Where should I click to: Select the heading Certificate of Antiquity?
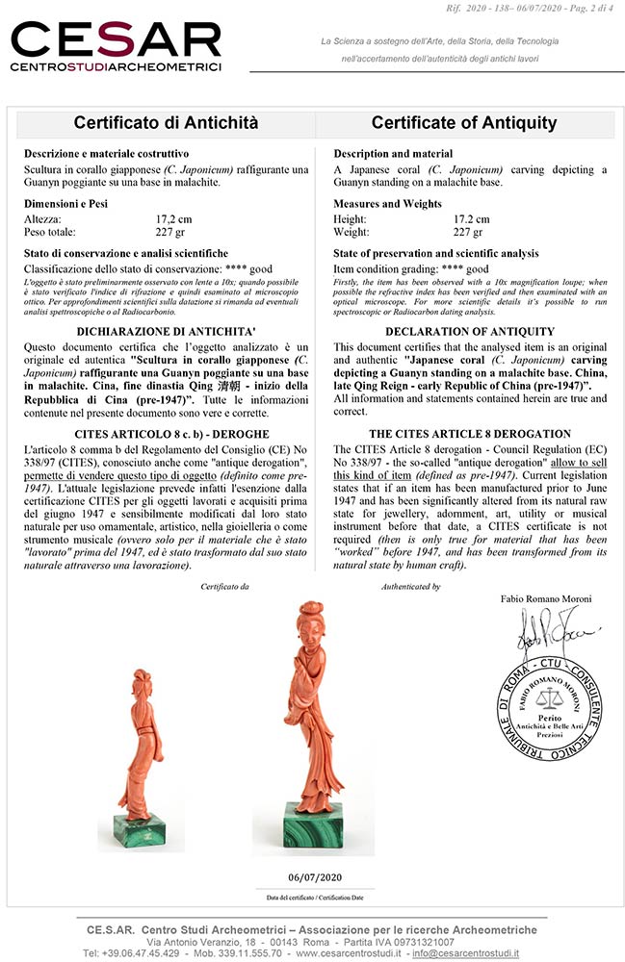[464, 123]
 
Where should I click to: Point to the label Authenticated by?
[410, 586]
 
